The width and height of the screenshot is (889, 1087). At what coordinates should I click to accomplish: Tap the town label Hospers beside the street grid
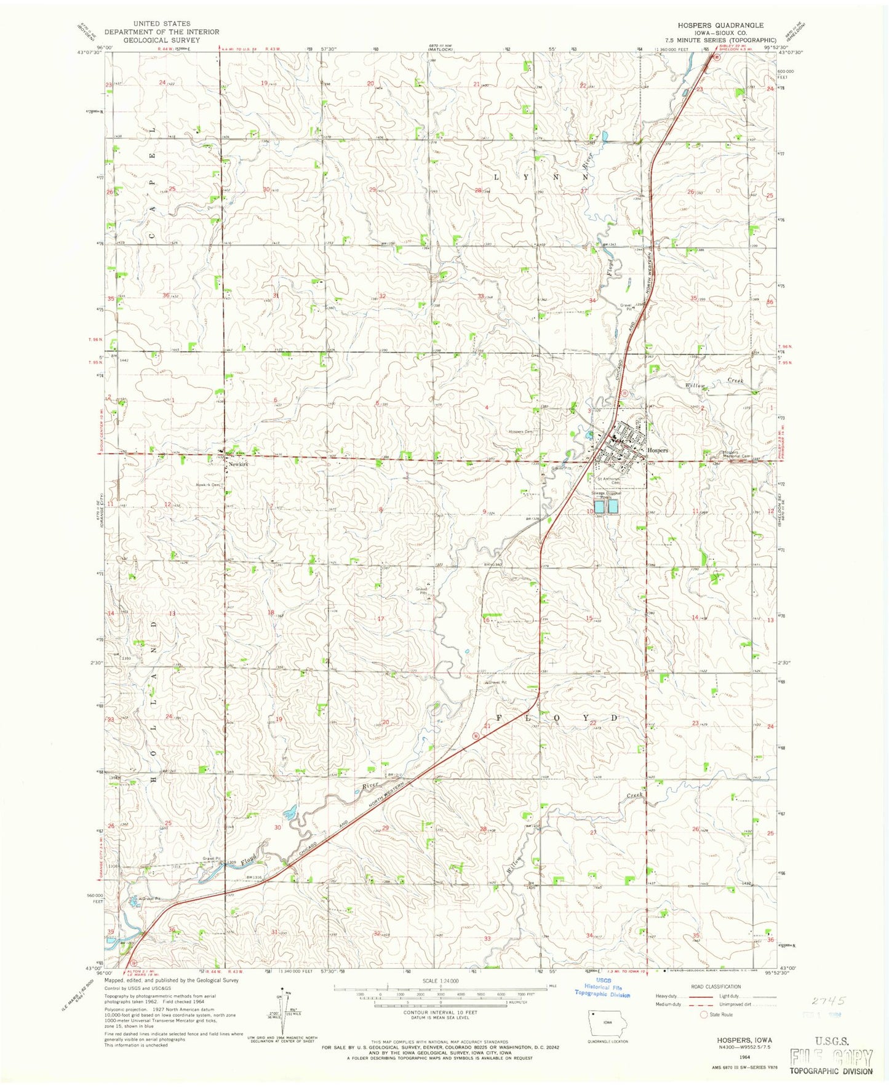(658, 450)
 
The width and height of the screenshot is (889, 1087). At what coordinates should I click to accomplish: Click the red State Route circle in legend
(704, 1015)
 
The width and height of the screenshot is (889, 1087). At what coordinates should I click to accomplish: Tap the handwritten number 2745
(828, 1001)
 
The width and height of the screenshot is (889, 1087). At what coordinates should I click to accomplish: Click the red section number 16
(486, 620)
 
